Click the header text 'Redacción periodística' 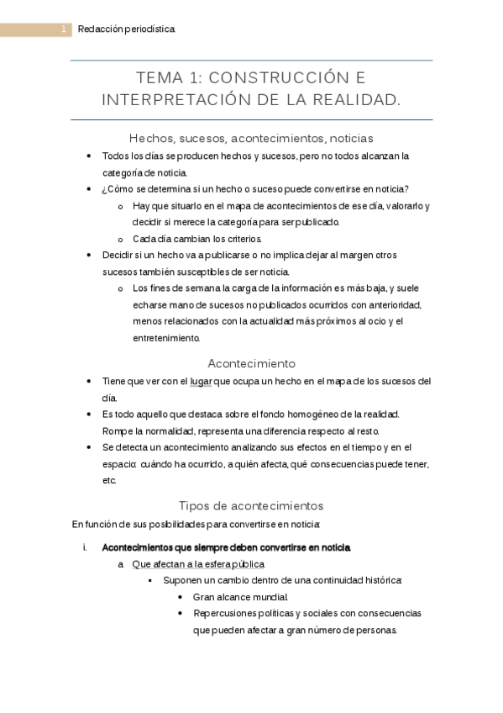click(126, 30)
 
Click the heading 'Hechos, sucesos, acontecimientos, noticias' click(251, 138)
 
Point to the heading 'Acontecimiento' click(251, 363)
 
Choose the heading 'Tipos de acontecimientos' click(251, 505)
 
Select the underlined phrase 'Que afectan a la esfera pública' click(198, 564)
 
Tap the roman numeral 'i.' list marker click(84, 547)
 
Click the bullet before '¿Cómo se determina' click(90, 189)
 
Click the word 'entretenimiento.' click(166, 338)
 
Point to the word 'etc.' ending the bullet click(108, 481)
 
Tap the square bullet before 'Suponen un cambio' click(150, 581)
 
